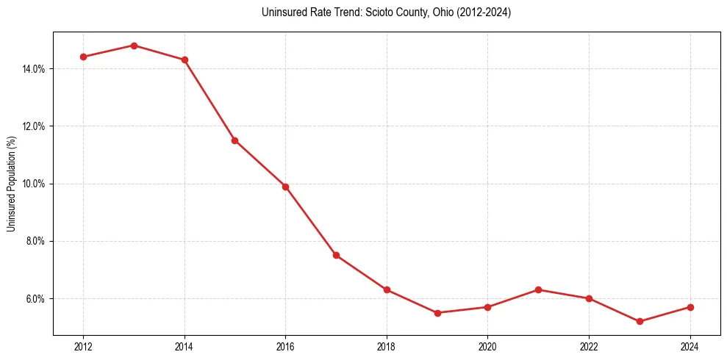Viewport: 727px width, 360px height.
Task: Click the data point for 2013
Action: point(134,46)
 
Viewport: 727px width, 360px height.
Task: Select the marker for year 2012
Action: point(83,57)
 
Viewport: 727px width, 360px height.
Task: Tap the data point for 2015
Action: point(234,140)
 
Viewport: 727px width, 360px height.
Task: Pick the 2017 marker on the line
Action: point(336,255)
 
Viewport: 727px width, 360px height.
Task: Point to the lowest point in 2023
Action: point(640,321)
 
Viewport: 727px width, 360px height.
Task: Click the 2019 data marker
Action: point(437,313)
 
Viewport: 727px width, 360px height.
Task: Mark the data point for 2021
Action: point(538,289)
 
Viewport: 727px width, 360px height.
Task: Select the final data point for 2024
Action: point(690,307)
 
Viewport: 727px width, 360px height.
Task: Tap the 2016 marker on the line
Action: point(285,187)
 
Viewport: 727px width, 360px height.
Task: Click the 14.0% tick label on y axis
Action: point(35,69)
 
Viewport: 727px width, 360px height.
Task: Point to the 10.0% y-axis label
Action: point(35,184)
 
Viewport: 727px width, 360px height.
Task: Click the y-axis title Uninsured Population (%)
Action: point(11,184)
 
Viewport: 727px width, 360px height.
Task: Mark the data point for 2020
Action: point(487,307)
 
